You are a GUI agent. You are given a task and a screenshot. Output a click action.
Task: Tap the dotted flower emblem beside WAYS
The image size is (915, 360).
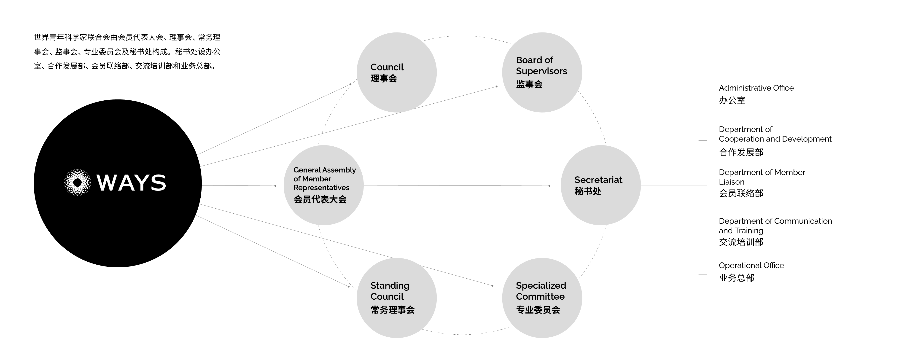[x=77, y=183]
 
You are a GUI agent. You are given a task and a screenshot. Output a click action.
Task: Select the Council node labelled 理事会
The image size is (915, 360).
[x=396, y=73]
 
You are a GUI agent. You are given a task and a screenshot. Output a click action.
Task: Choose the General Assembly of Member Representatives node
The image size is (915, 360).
[x=323, y=185]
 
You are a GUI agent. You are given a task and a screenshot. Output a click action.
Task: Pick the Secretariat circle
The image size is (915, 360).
[x=600, y=185]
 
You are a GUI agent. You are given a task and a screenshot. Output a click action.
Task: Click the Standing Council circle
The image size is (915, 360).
[x=396, y=298]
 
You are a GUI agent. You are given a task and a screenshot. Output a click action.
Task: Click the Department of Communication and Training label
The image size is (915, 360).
[x=775, y=226]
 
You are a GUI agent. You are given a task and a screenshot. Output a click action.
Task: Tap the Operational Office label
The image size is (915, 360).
[x=751, y=266]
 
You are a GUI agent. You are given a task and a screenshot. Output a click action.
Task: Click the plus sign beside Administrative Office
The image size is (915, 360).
[x=702, y=96]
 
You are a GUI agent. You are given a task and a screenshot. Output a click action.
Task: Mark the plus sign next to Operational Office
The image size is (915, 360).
[x=702, y=274]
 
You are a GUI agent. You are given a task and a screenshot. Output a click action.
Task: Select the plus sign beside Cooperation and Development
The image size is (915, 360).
[x=702, y=141]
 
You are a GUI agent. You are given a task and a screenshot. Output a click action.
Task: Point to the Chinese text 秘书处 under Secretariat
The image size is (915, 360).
[x=588, y=191]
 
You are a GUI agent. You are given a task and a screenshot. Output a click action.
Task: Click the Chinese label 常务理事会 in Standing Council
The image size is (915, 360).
[x=393, y=310]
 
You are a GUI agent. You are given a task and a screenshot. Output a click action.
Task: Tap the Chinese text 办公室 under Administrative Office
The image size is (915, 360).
[x=732, y=100]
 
